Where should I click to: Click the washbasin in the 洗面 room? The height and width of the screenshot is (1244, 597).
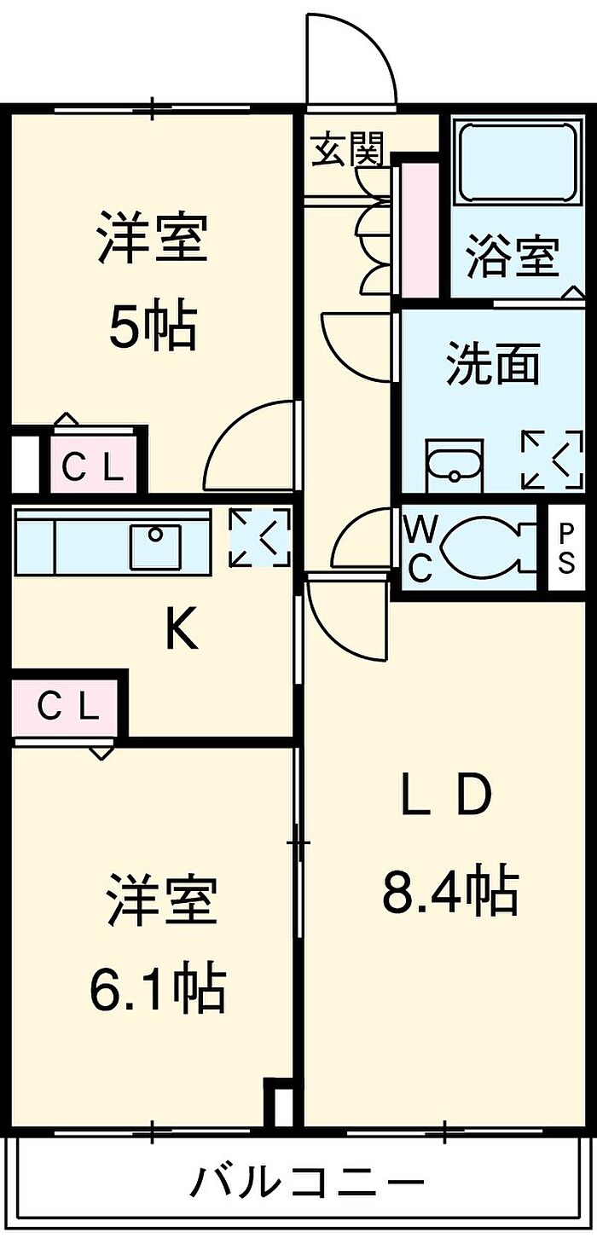[455, 466]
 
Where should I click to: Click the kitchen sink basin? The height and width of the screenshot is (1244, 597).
[155, 547]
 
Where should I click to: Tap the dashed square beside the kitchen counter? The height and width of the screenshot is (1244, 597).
[259, 538]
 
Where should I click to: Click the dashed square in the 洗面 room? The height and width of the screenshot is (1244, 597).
[552, 460]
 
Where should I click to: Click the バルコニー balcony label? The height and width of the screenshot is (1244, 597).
[307, 1183]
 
